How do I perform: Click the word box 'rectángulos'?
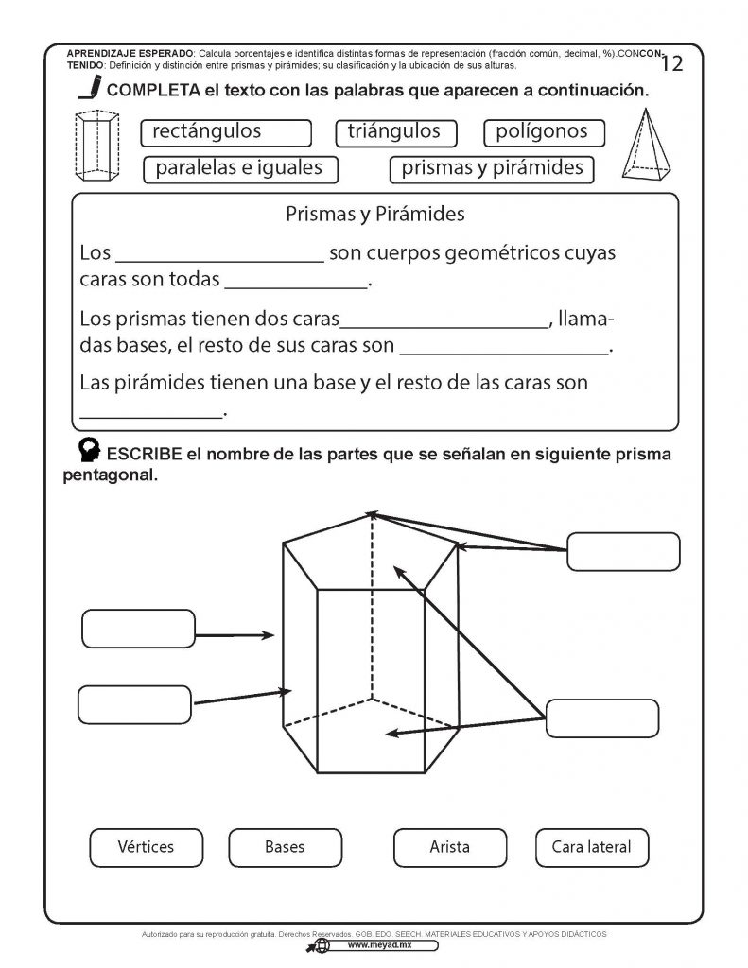[225, 132]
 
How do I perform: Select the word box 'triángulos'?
[395, 132]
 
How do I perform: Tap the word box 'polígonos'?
[543, 132]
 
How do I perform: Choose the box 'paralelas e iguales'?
[238, 169]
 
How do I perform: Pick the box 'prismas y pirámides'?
[492, 169]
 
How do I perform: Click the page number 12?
[673, 64]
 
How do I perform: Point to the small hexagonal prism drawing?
[98, 146]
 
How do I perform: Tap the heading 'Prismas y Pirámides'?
[375, 215]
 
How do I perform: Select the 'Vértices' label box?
[147, 846]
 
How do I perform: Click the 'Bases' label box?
[285, 846]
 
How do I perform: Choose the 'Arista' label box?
[449, 846]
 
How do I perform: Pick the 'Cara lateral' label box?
[592, 846]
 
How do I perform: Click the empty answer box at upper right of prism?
[623, 552]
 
